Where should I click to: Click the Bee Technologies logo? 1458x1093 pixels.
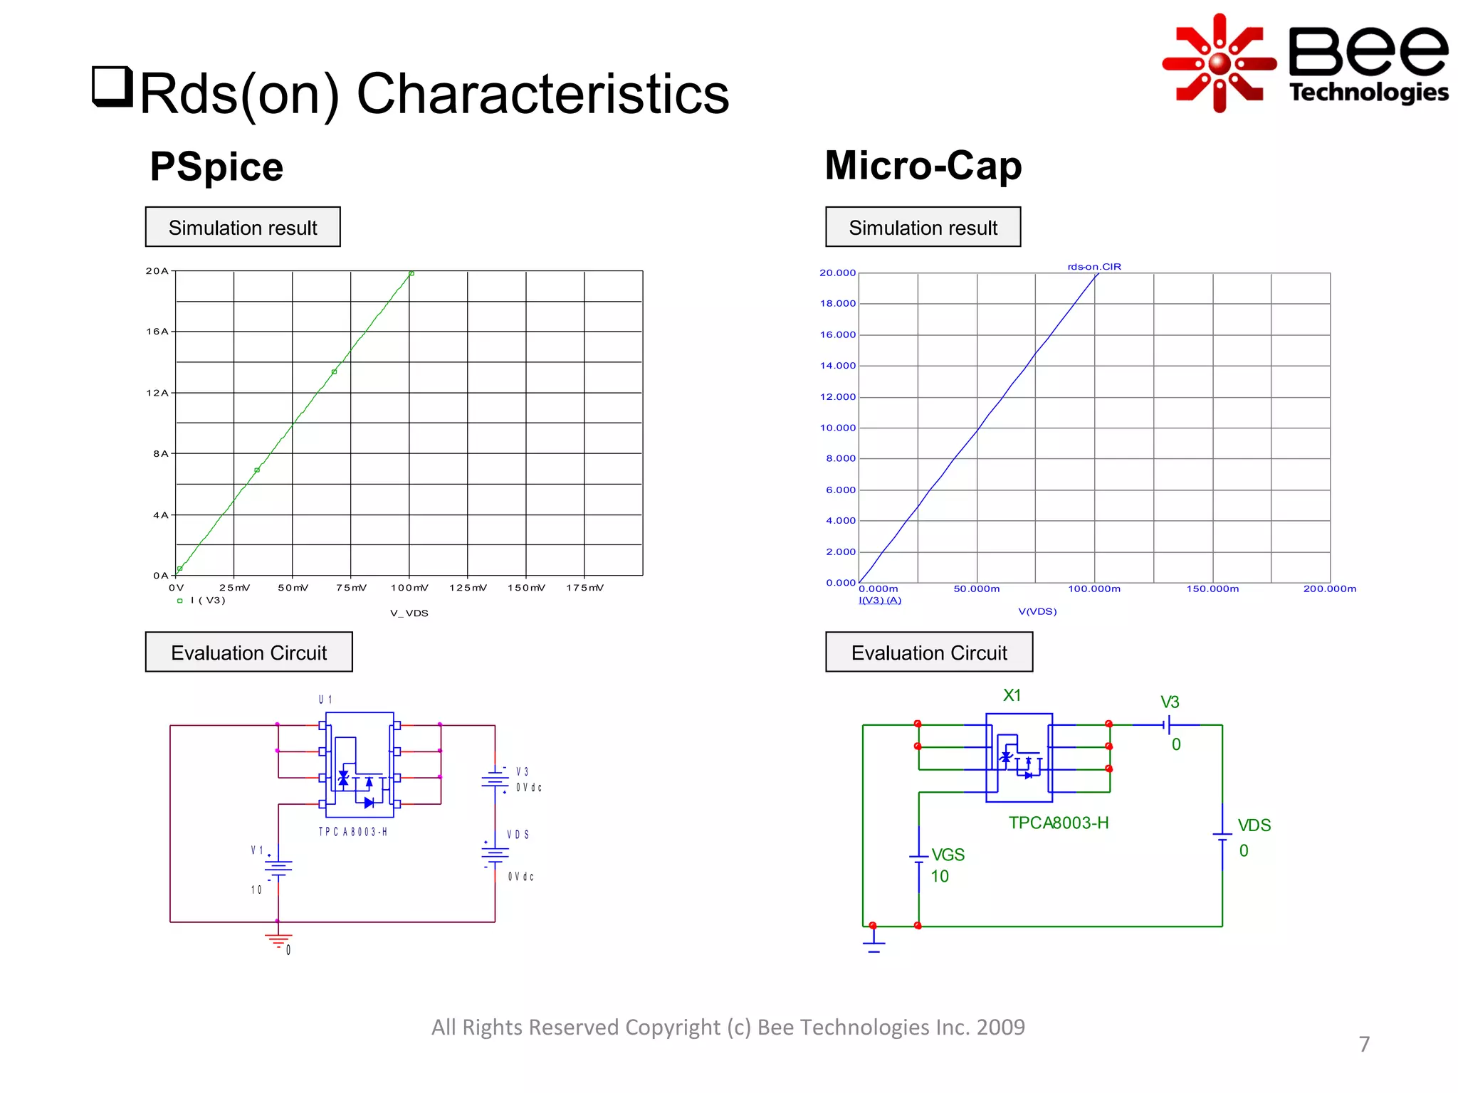(x=1304, y=63)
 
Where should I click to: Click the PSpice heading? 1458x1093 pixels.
(x=216, y=167)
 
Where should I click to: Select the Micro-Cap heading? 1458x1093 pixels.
(x=923, y=165)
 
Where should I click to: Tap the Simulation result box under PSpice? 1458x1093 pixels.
(x=243, y=227)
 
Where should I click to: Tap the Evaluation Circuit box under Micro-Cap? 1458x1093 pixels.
(x=928, y=652)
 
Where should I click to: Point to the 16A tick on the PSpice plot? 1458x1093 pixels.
(x=157, y=332)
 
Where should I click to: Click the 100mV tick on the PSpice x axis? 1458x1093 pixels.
(x=409, y=588)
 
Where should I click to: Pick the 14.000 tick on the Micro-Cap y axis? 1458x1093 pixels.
(x=838, y=366)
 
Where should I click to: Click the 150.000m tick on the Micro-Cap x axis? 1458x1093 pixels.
(x=1212, y=589)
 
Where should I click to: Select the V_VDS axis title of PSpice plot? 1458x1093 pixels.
(x=409, y=613)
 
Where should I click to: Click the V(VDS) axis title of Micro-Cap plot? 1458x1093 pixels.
(x=1037, y=611)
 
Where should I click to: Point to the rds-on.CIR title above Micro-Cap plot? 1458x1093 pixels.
(x=1094, y=267)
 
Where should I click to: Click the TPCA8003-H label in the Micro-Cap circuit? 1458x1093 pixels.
(x=1059, y=823)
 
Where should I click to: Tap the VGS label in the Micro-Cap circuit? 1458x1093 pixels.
(x=948, y=855)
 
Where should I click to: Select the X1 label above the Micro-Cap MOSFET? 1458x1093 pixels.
(x=1012, y=695)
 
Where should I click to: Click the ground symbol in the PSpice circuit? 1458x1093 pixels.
(x=278, y=941)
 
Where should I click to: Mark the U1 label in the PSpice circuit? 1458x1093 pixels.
(x=325, y=700)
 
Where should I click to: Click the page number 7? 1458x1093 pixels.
(x=1364, y=1044)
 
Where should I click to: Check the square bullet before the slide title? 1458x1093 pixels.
(x=112, y=86)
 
